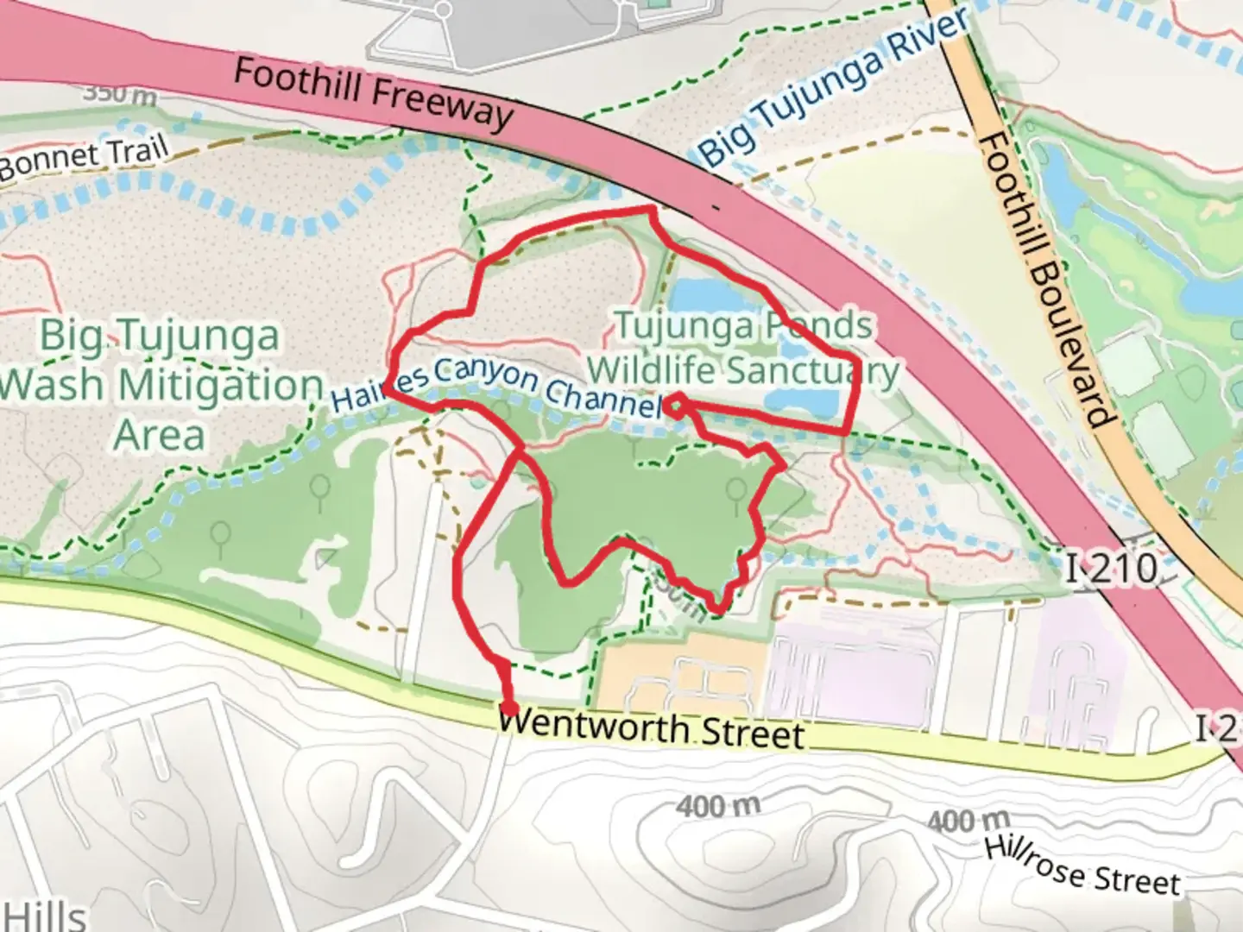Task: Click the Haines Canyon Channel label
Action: pyautogui.click(x=496, y=386)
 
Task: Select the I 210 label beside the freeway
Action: pyautogui.click(x=1111, y=569)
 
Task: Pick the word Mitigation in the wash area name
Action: pyautogui.click(x=219, y=385)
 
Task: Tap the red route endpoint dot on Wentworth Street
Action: pyautogui.click(x=509, y=708)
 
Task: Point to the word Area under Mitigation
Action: pyautogui.click(x=159, y=434)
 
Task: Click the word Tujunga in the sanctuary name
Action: pyautogui.click(x=673, y=326)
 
